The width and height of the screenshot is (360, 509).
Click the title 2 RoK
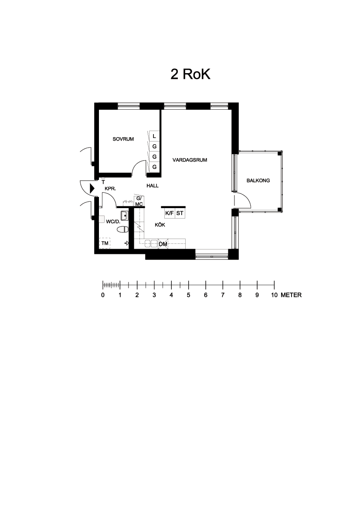(x=190, y=74)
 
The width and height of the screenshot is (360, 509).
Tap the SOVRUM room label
(x=123, y=139)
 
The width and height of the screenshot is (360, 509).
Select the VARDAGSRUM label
(x=190, y=160)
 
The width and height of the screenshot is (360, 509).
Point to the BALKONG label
(x=258, y=181)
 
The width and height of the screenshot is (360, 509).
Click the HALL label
(x=153, y=185)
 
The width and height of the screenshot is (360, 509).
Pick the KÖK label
(x=160, y=225)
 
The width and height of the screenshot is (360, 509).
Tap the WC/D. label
(x=113, y=222)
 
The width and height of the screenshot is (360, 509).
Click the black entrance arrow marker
(x=92, y=188)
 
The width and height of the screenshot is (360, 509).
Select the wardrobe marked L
(x=154, y=136)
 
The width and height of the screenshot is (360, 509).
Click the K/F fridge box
(x=170, y=213)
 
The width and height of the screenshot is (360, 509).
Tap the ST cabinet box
(x=180, y=213)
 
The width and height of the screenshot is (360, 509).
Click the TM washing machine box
(x=105, y=243)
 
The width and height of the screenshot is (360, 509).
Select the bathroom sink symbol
(x=124, y=215)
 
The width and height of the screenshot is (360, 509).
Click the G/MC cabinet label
(x=139, y=201)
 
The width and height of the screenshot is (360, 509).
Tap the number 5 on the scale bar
(x=188, y=295)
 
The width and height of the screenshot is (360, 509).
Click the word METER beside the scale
(x=291, y=295)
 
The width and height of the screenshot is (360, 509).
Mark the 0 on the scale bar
(x=103, y=295)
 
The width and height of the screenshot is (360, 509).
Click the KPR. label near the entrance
(x=110, y=189)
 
